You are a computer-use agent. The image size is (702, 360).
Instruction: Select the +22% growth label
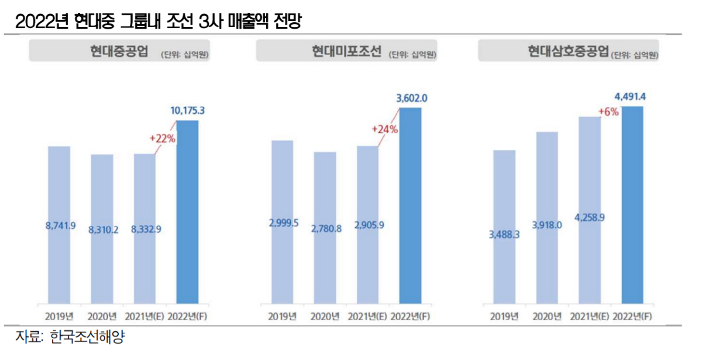coord(162,139)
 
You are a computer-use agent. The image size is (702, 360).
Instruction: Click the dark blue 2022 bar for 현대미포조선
coord(410,205)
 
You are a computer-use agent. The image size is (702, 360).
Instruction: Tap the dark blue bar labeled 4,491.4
coord(632,205)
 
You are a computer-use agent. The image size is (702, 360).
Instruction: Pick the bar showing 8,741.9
coord(59,225)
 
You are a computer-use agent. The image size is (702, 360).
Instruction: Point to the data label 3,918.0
coord(547,225)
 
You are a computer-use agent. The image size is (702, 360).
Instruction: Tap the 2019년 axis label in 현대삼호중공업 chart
coord(504,317)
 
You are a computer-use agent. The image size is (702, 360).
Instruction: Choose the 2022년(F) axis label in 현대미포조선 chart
coord(410,317)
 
